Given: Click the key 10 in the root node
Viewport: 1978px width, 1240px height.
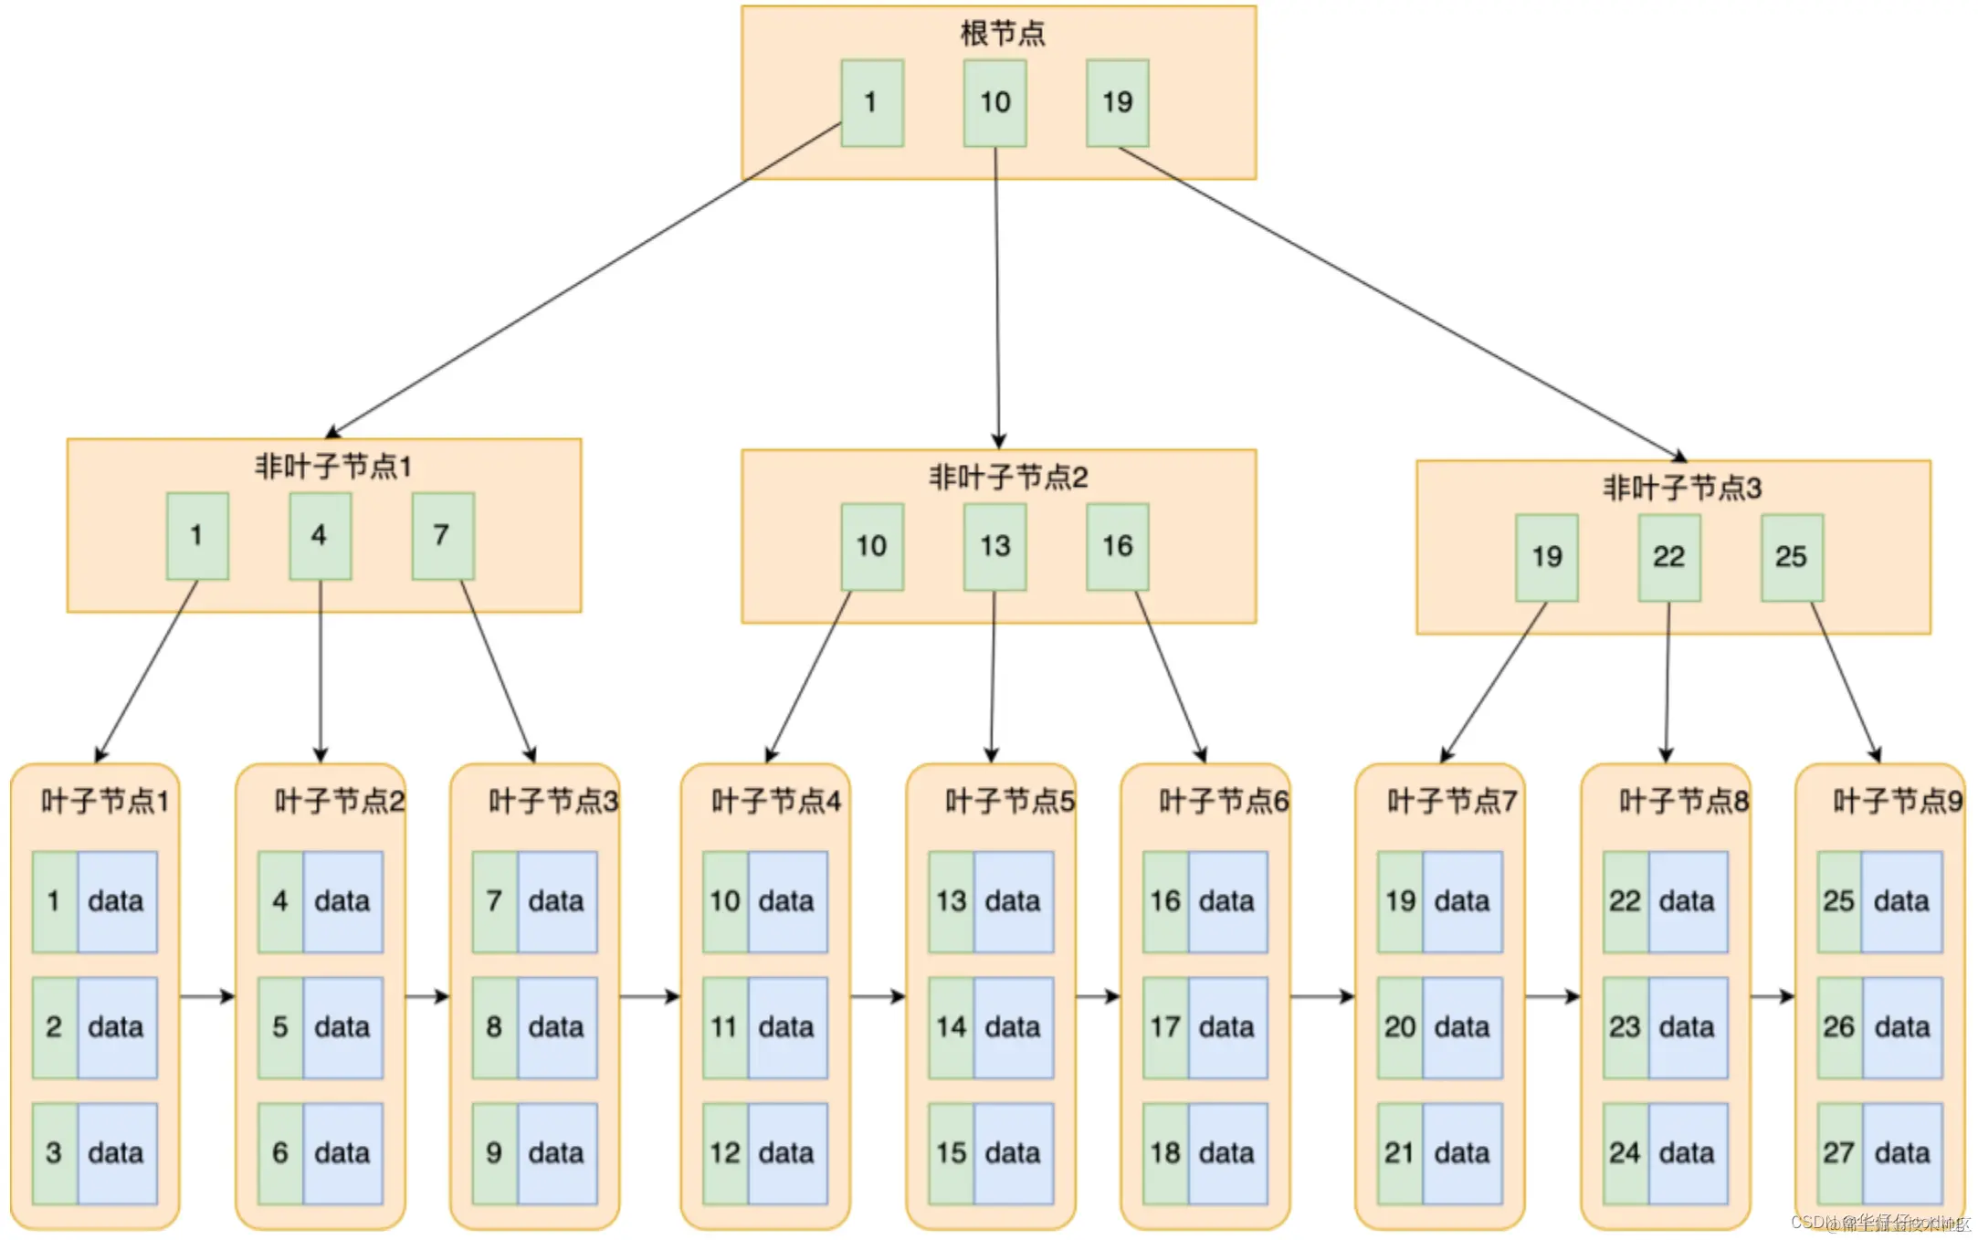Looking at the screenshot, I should (x=994, y=102).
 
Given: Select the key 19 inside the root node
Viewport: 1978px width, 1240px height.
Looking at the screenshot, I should (x=1117, y=102).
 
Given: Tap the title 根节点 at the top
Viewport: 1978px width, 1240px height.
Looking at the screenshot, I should (x=1002, y=34).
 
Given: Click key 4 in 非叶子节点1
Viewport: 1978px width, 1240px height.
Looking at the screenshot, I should (x=320, y=536).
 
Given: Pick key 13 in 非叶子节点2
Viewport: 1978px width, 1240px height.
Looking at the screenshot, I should (x=994, y=546).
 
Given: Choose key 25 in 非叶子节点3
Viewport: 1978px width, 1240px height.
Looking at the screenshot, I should (x=1791, y=557).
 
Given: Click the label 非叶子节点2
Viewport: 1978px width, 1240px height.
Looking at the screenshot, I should (x=1008, y=478).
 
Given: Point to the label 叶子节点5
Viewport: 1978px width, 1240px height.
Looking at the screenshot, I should (x=1010, y=802).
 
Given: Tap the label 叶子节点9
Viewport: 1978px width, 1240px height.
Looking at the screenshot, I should (x=1898, y=802).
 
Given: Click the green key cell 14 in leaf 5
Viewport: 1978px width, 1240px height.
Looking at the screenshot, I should (x=951, y=1027).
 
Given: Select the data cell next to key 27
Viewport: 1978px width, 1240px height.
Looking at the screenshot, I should (x=1902, y=1153).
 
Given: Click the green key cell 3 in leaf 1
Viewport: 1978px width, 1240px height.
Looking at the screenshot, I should (x=54, y=1153).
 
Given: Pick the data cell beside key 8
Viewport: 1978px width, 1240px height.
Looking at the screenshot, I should (x=556, y=1027).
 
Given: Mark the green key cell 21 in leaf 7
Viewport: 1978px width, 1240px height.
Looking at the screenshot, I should (x=1399, y=1153).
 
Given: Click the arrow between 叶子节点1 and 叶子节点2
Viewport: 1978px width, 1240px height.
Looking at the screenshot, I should (x=207, y=996).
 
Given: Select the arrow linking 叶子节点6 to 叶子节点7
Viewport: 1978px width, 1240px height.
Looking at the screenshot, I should (x=1321, y=996).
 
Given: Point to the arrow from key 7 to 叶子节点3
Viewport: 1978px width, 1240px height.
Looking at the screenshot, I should (x=498, y=671).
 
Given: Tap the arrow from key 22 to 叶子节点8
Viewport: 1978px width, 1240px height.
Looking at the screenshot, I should (x=1668, y=681).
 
